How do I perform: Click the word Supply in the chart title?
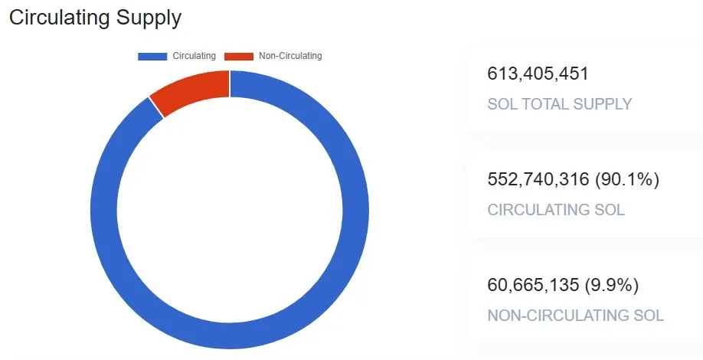[x=150, y=18]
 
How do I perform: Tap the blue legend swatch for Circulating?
[x=153, y=56]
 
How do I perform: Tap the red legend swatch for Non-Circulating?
[x=238, y=56]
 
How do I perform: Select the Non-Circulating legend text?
[x=290, y=56]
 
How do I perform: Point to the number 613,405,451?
[x=538, y=74]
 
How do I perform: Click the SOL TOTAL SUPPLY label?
[x=559, y=104]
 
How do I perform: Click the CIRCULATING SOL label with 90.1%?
[x=556, y=209]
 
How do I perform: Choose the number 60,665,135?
[x=533, y=286]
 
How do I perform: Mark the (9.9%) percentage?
[x=612, y=286]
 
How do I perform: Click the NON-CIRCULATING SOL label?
[x=575, y=315]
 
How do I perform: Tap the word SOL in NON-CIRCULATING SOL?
[x=648, y=315]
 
